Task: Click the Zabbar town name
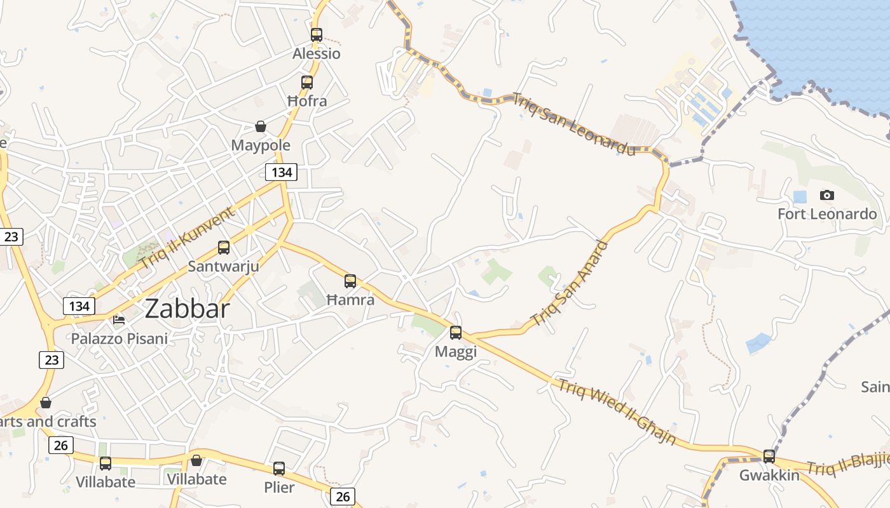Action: (187, 309)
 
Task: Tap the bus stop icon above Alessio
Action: (317, 35)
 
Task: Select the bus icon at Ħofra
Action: (307, 82)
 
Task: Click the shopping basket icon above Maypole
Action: (261, 126)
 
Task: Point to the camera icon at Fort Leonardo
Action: (826, 195)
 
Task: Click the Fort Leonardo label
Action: (827, 214)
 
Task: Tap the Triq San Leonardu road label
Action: (573, 124)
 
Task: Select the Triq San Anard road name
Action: (570, 284)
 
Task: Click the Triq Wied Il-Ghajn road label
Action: (617, 411)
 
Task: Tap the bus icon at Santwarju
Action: (224, 248)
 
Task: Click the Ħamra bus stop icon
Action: (350, 281)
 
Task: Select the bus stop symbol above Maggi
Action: (456, 333)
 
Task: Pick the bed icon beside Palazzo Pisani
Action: (119, 319)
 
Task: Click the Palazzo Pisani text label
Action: (120, 338)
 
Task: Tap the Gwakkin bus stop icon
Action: (769, 457)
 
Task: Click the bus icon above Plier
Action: (279, 469)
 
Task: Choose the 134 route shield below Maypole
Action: (282, 172)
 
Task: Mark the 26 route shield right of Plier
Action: (343, 497)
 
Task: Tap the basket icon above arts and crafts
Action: (46, 403)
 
